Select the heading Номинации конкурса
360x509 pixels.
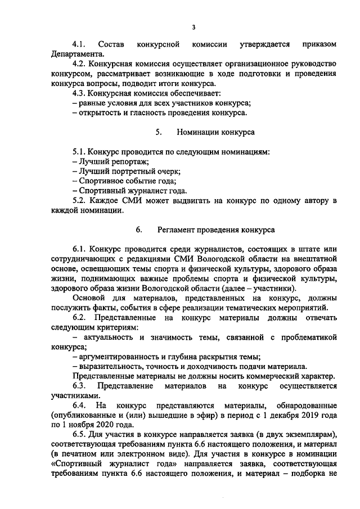coord(215,132)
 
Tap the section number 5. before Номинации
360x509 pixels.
coord(159,132)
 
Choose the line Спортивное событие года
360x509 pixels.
coord(124,181)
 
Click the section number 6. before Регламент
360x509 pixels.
coord(139,230)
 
